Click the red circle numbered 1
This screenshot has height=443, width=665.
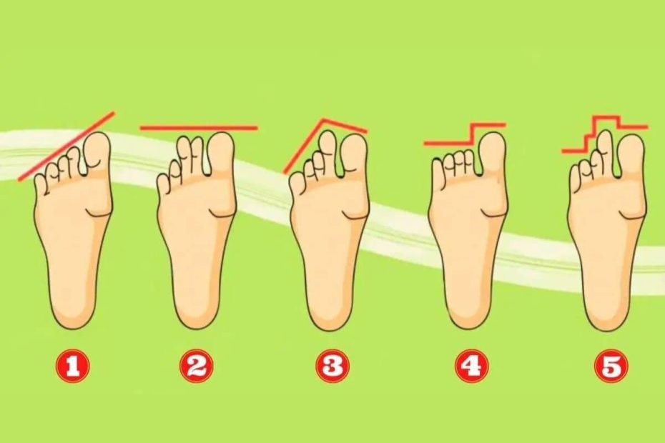click(x=73, y=366)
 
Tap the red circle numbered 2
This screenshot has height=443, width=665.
click(x=196, y=366)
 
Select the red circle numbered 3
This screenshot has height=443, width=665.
click(x=332, y=366)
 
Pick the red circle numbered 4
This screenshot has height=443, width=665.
click(x=472, y=366)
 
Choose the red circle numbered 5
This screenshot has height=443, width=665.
click(x=611, y=366)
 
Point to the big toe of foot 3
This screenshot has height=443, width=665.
click(x=354, y=153)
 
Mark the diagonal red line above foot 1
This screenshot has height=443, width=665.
click(x=66, y=146)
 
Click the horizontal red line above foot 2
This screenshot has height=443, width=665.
click(x=199, y=126)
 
